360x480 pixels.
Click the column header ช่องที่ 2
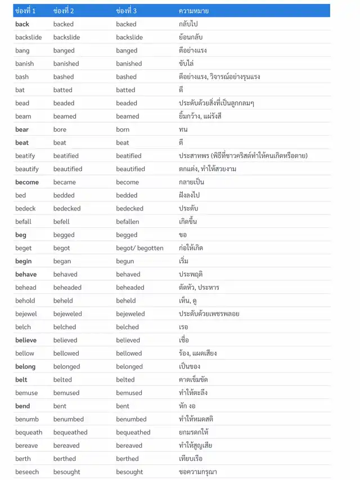coord(64,11)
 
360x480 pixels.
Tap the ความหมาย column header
coord(193,11)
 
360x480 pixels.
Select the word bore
coord(60,129)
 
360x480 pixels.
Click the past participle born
coord(123,129)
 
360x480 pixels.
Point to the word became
coord(65,182)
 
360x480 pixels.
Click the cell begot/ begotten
coord(139,248)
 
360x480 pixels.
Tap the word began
coord(62,261)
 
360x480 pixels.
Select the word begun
coord(125,261)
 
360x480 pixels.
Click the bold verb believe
coord(26,340)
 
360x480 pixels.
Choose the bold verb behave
coord(26,275)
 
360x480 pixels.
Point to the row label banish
coord(25,64)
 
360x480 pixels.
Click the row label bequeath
coord(29,433)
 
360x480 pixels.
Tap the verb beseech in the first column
coord(26,472)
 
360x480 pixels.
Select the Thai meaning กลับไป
coord(188,24)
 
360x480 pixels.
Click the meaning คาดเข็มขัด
coord(193,380)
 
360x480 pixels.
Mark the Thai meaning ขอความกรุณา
coord(197,472)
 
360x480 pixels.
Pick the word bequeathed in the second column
coord(70,433)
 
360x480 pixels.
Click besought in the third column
coord(129,472)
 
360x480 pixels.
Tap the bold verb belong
coord(25,367)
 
